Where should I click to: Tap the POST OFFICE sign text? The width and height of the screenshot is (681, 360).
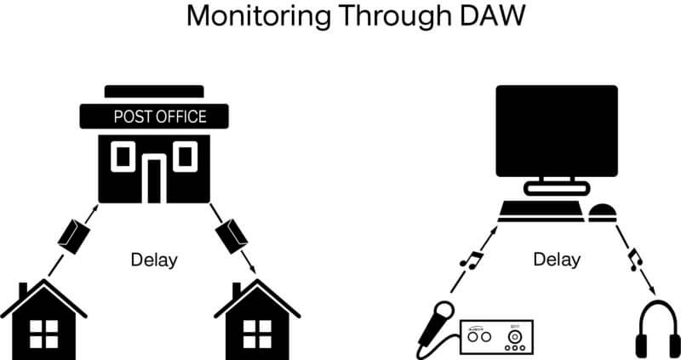tap(159, 117)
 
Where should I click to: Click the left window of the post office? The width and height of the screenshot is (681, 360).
tap(123, 156)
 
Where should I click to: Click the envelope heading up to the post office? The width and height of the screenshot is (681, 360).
tap(73, 234)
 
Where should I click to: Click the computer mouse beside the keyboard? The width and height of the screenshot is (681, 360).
tap(603, 213)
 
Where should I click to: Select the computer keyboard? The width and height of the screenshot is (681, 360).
tap(539, 213)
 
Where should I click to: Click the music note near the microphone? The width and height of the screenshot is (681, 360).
tap(471, 255)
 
